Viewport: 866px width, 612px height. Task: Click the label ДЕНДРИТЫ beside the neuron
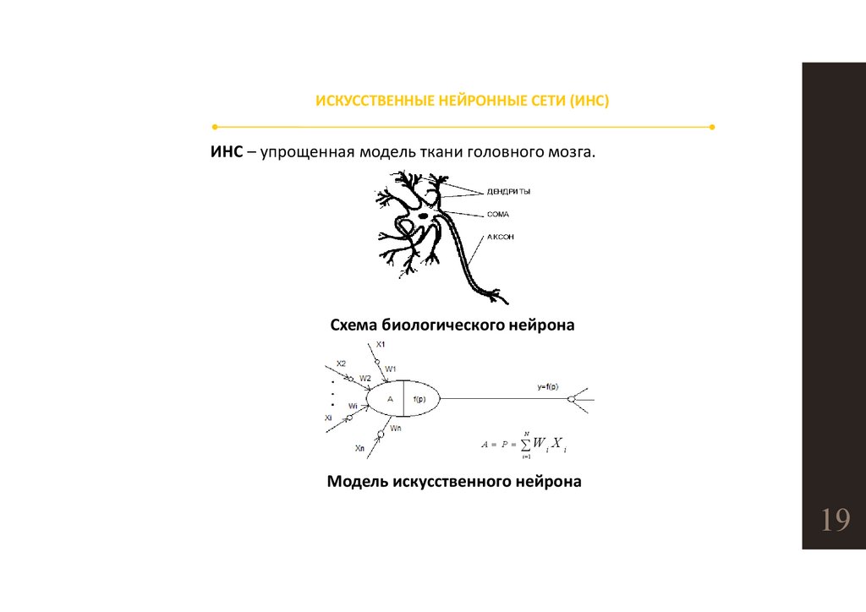pos(508,192)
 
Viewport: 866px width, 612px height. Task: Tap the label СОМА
pos(498,215)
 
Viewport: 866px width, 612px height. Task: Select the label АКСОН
pos(501,238)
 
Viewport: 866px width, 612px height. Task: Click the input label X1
pos(381,344)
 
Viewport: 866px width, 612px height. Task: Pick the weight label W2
pos(364,378)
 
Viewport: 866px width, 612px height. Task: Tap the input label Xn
pos(360,448)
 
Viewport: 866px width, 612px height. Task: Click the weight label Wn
pos(396,429)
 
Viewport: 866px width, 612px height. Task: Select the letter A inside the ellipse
pos(389,398)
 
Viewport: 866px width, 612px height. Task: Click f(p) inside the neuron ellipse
pos(420,398)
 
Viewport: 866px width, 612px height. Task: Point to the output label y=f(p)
pos(547,386)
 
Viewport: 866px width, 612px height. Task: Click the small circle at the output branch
pos(571,399)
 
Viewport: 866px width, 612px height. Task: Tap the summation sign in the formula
pos(525,444)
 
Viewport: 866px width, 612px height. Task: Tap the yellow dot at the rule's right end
pos(712,127)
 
